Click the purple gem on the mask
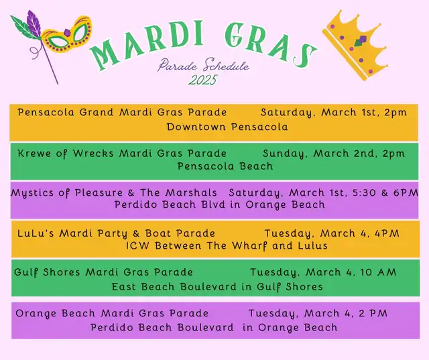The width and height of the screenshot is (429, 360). click(x=67, y=33)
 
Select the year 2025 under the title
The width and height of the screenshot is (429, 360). click(x=202, y=80)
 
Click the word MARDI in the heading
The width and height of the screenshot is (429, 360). click(x=147, y=44)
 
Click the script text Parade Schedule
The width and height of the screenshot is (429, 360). click(x=204, y=65)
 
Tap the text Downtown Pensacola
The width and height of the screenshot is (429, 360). click(x=227, y=127)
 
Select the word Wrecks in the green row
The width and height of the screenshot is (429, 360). click(x=93, y=154)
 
